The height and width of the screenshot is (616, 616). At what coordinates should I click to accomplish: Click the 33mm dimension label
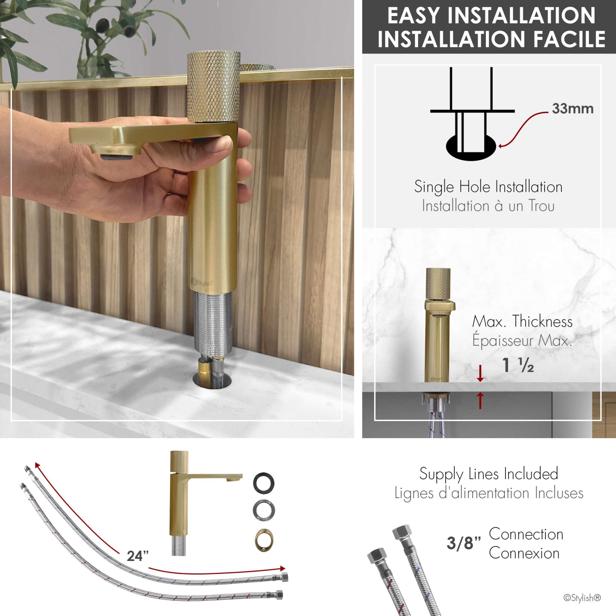[x=572, y=109]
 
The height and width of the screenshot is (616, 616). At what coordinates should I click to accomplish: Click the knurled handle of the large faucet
[x=213, y=86]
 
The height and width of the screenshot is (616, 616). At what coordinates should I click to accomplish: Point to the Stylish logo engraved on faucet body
[x=202, y=283]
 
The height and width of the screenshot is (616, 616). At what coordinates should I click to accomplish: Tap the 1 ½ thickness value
[x=518, y=365]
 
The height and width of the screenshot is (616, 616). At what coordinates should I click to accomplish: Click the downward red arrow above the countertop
[x=480, y=373]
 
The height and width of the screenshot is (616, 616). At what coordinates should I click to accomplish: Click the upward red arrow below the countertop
[x=480, y=400]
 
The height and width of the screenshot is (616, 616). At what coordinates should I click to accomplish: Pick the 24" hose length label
[x=137, y=556]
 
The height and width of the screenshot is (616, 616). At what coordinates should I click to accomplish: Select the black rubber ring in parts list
[x=264, y=483]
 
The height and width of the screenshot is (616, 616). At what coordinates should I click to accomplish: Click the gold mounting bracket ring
[x=264, y=540]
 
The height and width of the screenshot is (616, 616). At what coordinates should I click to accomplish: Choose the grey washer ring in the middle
[x=264, y=510]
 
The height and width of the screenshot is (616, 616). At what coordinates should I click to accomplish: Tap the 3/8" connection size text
[x=464, y=543]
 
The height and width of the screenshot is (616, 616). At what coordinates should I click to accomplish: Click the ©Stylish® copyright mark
[x=582, y=598]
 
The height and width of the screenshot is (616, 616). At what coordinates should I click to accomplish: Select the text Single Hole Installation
[x=488, y=187]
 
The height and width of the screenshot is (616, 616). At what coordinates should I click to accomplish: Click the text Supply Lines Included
[x=489, y=474]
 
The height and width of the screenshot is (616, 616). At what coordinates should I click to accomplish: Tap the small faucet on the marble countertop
[x=438, y=324]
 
